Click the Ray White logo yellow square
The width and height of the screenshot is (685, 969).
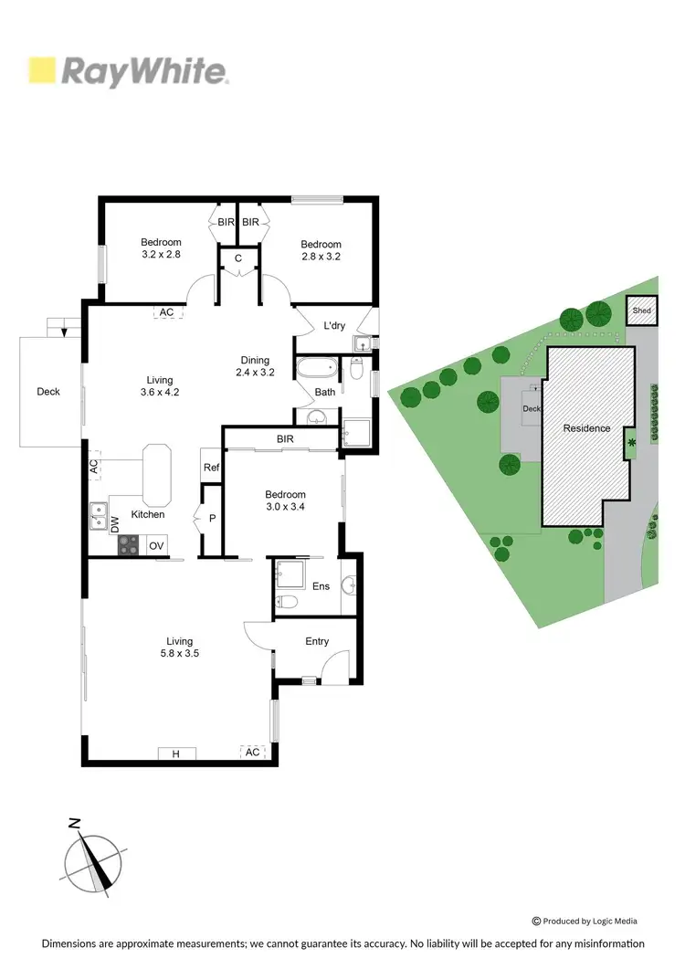[x=42, y=70]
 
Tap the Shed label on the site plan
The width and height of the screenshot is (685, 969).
[x=642, y=311]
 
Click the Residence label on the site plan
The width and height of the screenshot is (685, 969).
[x=586, y=428]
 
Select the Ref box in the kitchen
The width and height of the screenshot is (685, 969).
[x=211, y=468]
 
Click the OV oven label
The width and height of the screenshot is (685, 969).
[x=156, y=546]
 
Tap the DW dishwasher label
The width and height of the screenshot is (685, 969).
[x=115, y=524]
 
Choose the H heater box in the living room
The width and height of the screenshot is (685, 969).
[x=176, y=753]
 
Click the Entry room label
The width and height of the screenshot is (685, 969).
[x=317, y=641]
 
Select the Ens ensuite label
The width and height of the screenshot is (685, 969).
[x=321, y=586]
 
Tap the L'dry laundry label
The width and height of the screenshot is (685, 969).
[x=334, y=325]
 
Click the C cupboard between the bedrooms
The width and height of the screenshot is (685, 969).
[x=237, y=258]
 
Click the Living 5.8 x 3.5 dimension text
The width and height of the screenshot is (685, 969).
[x=173, y=648]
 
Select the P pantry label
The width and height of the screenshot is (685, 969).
[x=212, y=517]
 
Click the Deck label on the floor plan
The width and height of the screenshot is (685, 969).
[x=48, y=392]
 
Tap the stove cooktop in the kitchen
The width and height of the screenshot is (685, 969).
[x=129, y=545]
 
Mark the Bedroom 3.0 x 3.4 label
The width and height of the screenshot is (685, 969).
[x=284, y=500]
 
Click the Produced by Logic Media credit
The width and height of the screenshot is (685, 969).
[x=585, y=922]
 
